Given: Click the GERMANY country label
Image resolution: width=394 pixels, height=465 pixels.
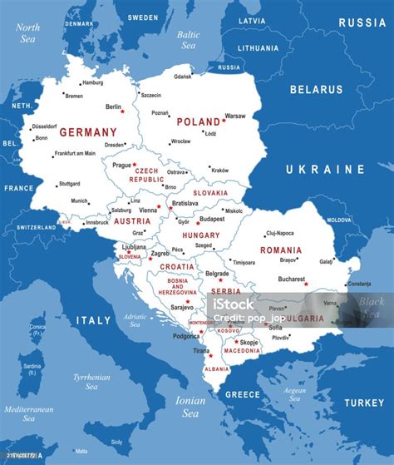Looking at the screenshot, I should (88, 131).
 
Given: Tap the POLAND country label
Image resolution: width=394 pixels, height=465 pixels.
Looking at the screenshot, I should (198, 121).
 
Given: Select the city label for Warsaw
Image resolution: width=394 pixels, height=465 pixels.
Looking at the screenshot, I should (235, 116).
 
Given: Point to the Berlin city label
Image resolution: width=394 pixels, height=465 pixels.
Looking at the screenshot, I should (114, 106).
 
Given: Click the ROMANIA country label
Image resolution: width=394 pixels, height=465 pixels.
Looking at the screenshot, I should (280, 250).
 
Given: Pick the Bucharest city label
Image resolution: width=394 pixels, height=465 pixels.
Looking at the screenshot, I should (291, 279).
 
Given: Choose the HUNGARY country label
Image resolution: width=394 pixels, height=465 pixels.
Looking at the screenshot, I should (200, 235).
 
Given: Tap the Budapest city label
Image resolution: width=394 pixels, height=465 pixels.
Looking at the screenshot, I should (212, 219).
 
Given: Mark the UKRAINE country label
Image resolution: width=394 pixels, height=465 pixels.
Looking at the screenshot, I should (325, 169).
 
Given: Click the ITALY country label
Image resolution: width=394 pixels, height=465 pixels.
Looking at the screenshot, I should (94, 319).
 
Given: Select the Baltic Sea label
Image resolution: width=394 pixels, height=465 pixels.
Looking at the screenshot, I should (189, 39).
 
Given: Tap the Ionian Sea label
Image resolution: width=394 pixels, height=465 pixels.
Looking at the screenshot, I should (191, 407).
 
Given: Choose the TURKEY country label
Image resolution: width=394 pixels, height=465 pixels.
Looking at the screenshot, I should (364, 403).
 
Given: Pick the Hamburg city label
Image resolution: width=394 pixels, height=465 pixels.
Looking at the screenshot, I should (92, 82).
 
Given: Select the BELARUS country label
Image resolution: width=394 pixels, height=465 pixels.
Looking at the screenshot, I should (315, 89).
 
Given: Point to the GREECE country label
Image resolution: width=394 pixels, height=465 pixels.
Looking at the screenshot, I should (244, 394).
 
